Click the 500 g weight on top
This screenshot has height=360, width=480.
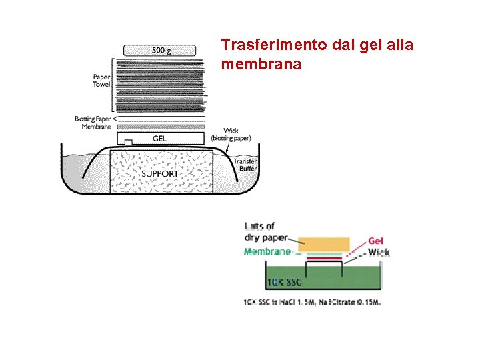pyautogui.click(x=160, y=50)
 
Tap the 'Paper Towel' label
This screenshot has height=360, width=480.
pyautogui.click(x=102, y=80)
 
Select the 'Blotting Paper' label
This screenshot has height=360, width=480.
pyautogui.click(x=92, y=119)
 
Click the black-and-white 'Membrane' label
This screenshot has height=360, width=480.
pyautogui.click(x=96, y=126)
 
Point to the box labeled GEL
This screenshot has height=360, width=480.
pyautogui.click(x=161, y=139)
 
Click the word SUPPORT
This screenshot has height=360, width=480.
pyautogui.click(x=160, y=173)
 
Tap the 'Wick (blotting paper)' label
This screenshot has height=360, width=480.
pyautogui.click(x=231, y=134)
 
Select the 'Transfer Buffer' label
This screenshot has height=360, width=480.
pyautogui.click(x=245, y=164)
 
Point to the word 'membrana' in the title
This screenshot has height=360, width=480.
pyautogui.click(x=261, y=65)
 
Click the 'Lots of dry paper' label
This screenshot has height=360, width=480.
pyautogui.click(x=265, y=231)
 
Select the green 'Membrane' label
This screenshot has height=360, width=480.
pyautogui.click(x=267, y=251)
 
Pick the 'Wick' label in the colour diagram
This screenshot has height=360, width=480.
pyautogui.click(x=379, y=252)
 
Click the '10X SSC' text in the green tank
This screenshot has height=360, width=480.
pyautogui.click(x=285, y=282)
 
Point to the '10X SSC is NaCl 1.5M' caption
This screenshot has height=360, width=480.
pyautogui.click(x=312, y=302)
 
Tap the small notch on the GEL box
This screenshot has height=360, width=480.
pyautogui.click(x=129, y=141)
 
